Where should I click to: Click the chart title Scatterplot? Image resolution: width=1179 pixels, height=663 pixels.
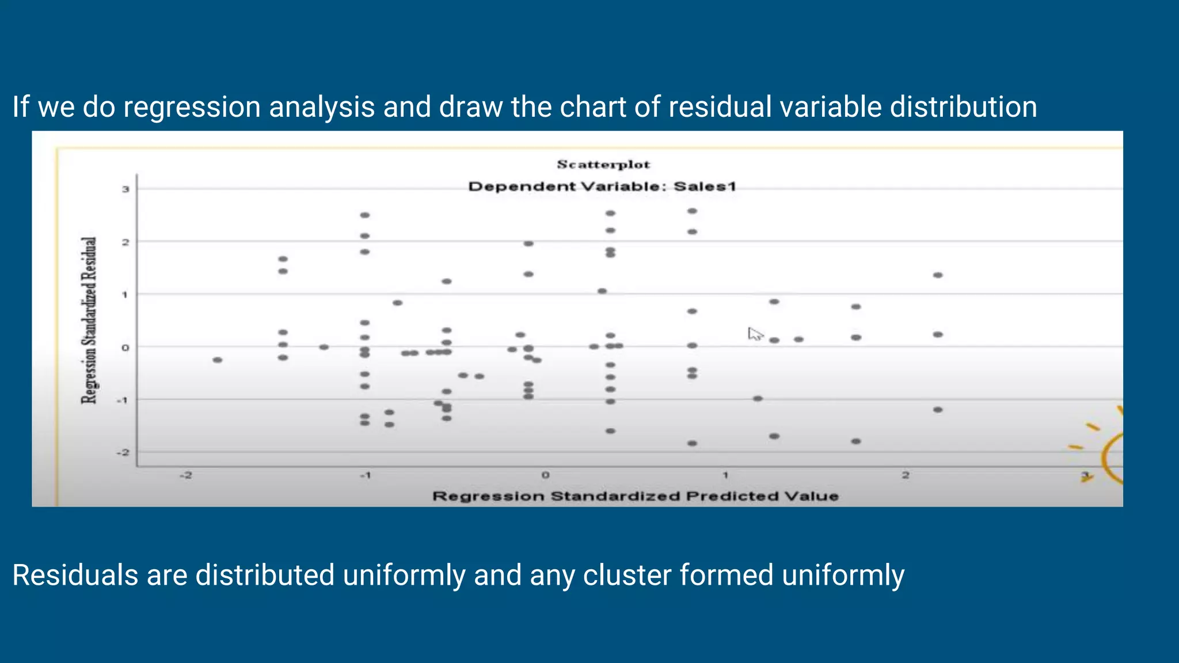point(603,165)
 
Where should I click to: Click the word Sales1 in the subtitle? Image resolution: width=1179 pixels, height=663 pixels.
point(705,186)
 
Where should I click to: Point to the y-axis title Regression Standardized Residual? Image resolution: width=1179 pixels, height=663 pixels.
point(89,320)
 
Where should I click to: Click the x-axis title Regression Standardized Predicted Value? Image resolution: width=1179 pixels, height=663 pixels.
point(635,496)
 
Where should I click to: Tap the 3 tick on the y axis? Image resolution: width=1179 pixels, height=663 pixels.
point(125,189)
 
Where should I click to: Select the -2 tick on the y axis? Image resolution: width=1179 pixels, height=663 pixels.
point(123,452)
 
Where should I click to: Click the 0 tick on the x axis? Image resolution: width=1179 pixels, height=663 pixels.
point(545,475)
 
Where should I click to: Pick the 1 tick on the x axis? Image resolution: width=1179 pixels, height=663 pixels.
point(725,475)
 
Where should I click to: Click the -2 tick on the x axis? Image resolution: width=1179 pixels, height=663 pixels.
point(185,475)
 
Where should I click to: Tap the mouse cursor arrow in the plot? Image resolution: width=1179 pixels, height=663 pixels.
point(754,334)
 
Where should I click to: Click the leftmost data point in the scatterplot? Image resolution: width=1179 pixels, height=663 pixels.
point(217,360)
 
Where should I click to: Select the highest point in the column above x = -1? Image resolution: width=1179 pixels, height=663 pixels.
point(364,215)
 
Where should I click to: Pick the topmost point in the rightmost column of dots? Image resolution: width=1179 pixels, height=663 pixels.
point(938,275)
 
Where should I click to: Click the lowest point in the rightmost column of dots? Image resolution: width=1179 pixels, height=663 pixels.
point(938,410)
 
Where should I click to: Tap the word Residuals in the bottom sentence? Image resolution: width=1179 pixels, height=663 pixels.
point(75,575)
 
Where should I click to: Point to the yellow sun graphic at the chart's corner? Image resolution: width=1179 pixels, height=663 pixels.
point(1108,452)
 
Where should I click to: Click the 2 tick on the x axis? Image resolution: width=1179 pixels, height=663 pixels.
point(906,475)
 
